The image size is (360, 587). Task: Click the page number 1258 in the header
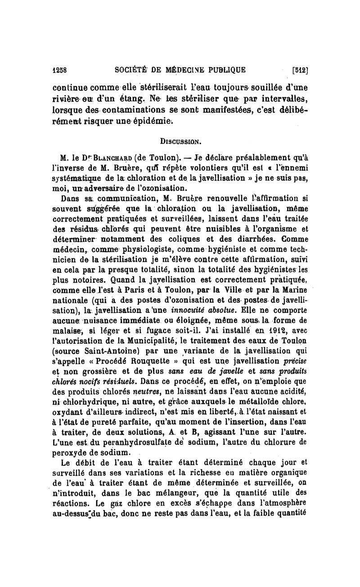pos(59,70)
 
